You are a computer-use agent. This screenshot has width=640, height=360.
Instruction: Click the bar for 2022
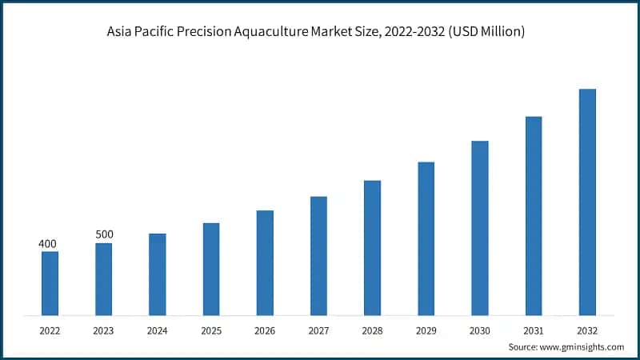click(x=50, y=283)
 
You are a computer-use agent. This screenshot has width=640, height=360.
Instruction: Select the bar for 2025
click(x=211, y=269)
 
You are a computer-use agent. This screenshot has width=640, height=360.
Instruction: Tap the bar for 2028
click(x=372, y=247)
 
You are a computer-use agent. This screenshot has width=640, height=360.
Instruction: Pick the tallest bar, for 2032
click(x=587, y=202)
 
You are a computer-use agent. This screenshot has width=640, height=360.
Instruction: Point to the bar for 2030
click(x=480, y=228)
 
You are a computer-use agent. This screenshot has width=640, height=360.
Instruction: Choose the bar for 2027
click(x=318, y=255)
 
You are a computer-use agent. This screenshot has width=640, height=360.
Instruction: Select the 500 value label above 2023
click(x=104, y=234)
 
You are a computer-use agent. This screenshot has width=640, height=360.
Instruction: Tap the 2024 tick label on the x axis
click(x=158, y=330)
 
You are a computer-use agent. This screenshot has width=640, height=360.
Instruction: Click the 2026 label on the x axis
click(x=265, y=330)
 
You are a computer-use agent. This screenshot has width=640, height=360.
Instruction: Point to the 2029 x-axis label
click(x=426, y=330)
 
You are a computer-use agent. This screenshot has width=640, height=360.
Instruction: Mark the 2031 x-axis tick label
click(x=534, y=330)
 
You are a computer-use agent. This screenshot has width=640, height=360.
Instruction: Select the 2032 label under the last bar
click(x=587, y=330)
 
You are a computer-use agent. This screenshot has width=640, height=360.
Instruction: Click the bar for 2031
click(x=534, y=216)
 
